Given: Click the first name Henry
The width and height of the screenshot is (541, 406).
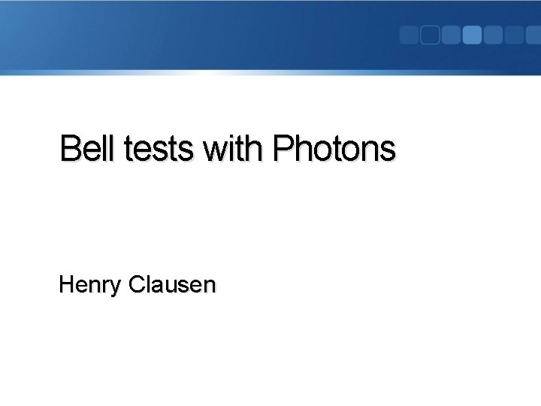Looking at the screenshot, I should tap(91, 285).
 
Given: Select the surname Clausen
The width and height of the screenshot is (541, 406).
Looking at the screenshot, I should tap(172, 285).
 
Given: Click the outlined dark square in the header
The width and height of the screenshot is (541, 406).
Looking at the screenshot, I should tap(430, 35).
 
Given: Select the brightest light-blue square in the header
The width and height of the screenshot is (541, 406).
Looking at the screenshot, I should tap(472, 35).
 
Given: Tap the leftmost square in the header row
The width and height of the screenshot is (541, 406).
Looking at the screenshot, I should tap(409, 35).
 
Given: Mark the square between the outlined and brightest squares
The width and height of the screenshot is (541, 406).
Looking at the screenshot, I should tap(451, 35).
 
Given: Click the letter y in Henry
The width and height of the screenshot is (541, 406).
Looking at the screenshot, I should tap(118, 287).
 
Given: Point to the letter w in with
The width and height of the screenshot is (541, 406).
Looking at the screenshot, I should tap(214, 150).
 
